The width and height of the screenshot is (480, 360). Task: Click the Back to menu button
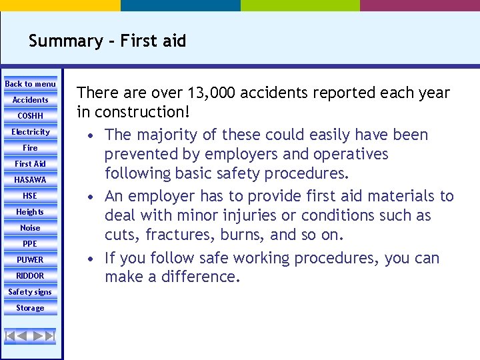31,84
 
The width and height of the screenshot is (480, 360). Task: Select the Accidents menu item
31,100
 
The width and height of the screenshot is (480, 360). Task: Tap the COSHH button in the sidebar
31,116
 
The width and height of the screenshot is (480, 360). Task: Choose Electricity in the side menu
31,132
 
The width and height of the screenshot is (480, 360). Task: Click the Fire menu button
31,148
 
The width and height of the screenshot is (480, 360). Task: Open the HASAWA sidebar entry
31,180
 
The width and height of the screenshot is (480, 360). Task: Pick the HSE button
31,196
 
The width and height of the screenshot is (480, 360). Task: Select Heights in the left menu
31,212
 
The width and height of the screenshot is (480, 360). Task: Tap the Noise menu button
31,228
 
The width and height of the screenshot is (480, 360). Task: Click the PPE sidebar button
31,244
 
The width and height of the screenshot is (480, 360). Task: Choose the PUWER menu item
31,260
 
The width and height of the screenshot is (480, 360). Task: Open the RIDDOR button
31,276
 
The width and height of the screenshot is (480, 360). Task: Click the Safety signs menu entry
31,292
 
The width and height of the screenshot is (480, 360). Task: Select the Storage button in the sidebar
31,308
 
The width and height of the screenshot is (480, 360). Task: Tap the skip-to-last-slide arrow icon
49,336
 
